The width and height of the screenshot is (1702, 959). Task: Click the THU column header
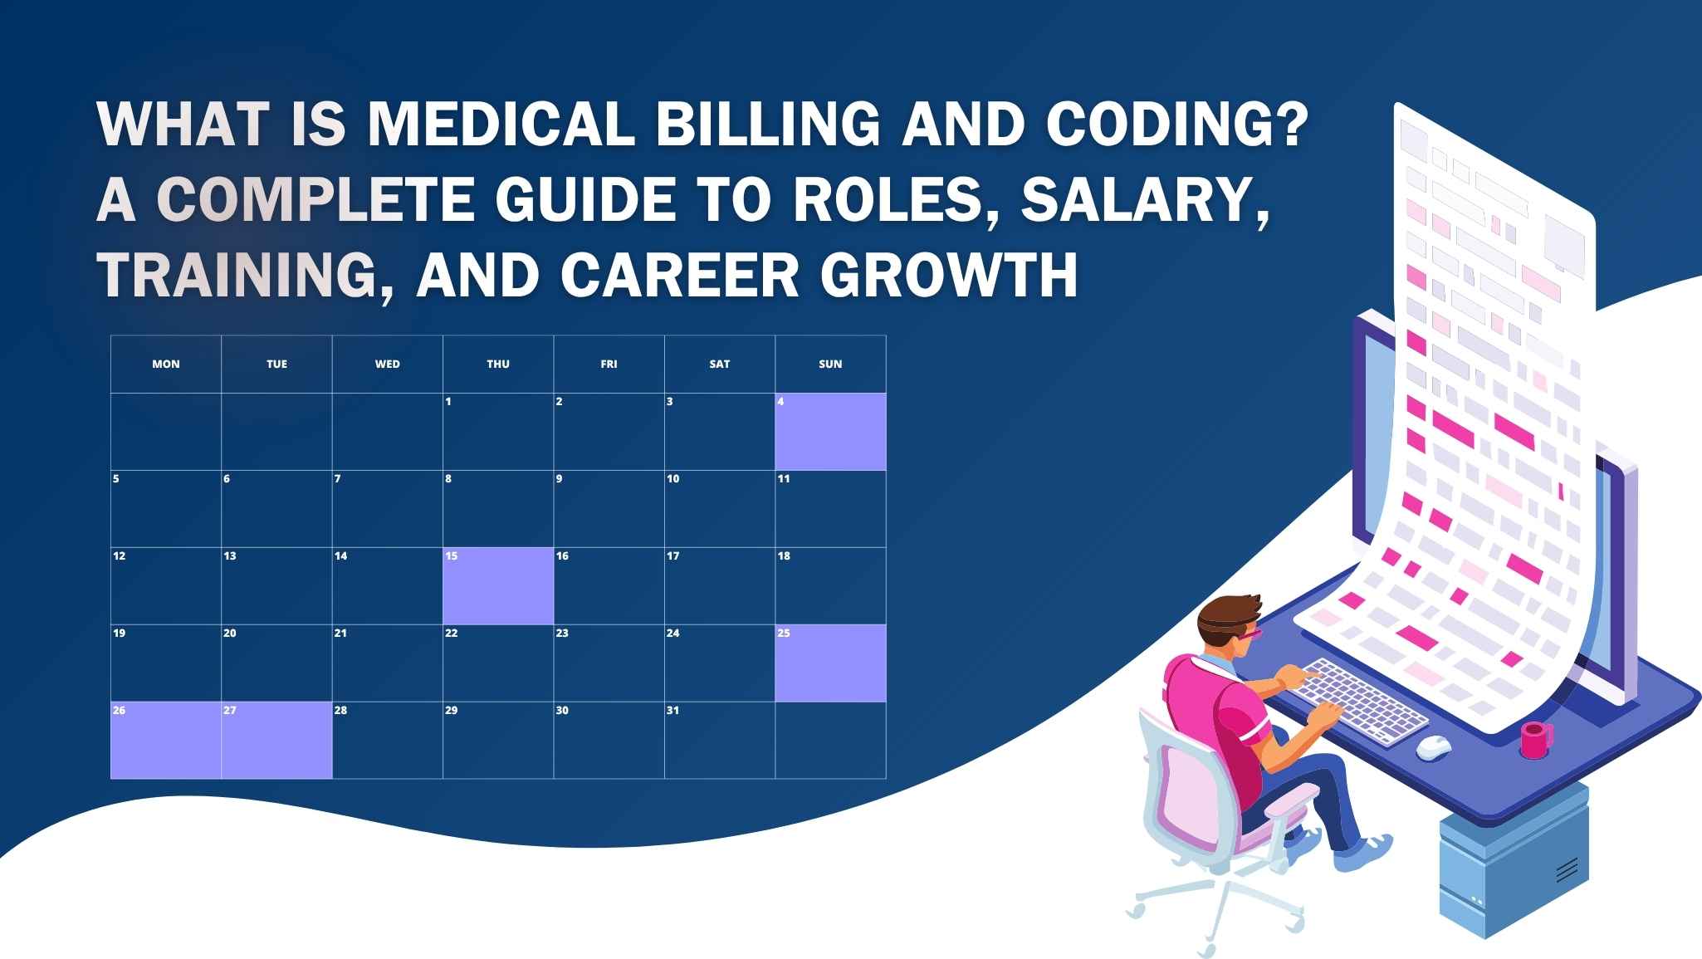tap(498, 364)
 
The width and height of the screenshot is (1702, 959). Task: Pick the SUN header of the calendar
tap(830, 364)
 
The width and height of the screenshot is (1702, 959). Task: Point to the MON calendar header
tap(166, 364)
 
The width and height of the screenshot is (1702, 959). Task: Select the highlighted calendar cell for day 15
tap(498, 586)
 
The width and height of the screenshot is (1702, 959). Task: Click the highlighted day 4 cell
tap(830, 432)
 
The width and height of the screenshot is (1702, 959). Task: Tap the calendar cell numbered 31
tap(719, 741)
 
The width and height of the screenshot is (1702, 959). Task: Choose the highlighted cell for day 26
tap(166, 741)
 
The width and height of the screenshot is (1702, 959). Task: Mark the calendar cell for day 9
tap(609, 509)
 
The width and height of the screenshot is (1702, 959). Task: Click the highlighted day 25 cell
tap(830, 663)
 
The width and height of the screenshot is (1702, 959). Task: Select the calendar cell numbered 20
tap(276, 663)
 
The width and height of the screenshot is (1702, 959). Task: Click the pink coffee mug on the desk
tap(1535, 739)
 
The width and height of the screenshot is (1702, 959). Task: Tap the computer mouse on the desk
tap(1433, 746)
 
